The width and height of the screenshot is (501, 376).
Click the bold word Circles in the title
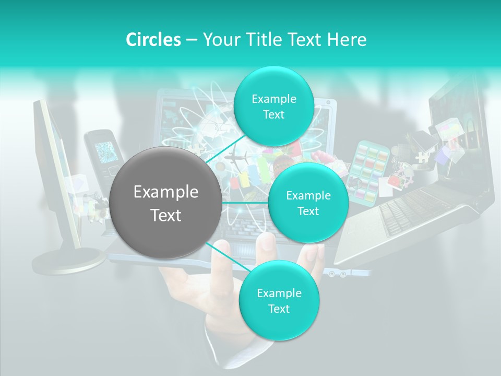tap(153, 40)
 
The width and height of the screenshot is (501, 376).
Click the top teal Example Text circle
tap(273, 107)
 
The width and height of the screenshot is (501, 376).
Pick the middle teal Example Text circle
tap(308, 203)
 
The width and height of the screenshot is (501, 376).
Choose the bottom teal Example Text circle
tap(278, 300)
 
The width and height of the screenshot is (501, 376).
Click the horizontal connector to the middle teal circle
tap(245, 203)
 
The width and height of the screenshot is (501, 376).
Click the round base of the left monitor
tap(68, 259)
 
